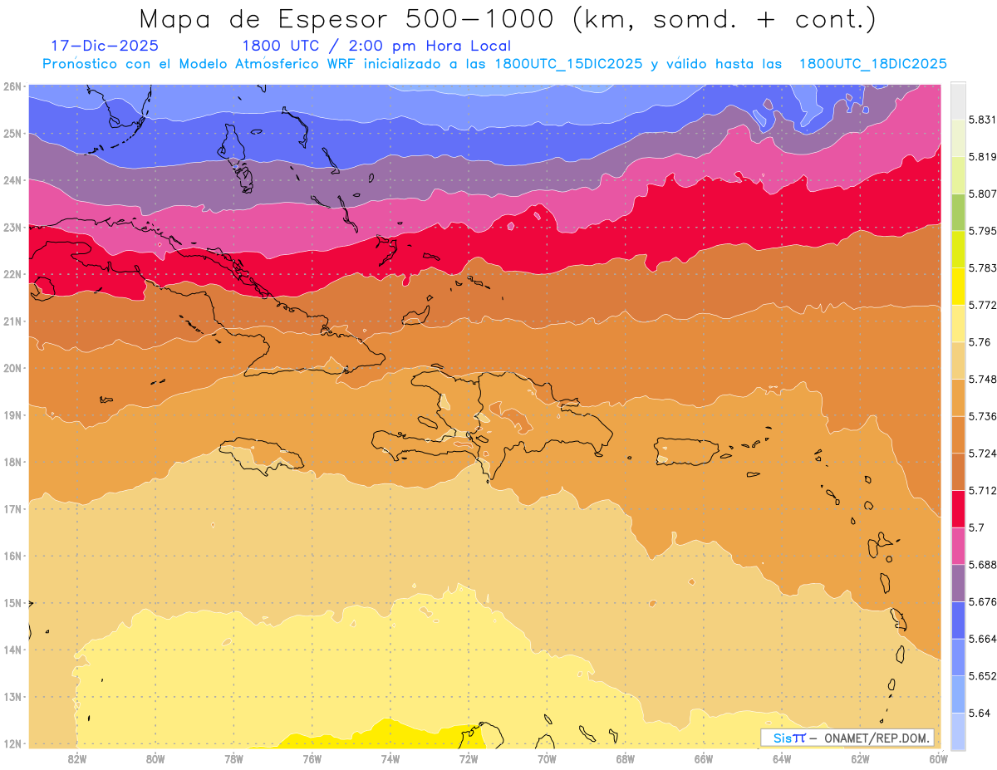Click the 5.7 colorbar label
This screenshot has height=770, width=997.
pos(975,527)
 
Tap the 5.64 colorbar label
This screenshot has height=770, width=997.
pos(978,713)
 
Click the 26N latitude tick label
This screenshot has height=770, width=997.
pos(12,86)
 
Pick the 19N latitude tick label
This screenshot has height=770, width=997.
pos(12,414)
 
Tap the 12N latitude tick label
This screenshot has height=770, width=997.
pos(12,743)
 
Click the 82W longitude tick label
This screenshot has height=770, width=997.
pos(77,758)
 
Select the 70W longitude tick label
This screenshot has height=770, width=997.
pos(547,758)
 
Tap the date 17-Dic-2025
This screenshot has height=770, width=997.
pos(105,46)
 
